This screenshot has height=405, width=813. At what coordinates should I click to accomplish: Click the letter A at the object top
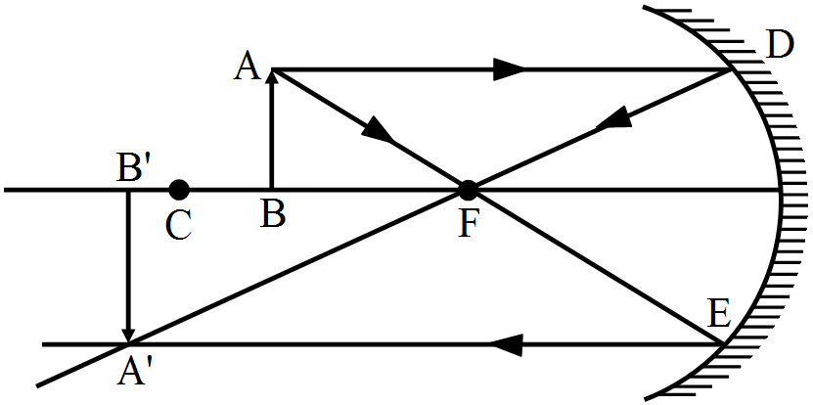pyautogui.click(x=246, y=67)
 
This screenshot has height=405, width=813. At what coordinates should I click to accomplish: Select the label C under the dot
pyautogui.click(x=177, y=224)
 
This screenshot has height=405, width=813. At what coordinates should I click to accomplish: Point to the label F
pyautogui.click(x=470, y=224)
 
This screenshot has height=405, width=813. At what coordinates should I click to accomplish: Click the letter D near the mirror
pyautogui.click(x=780, y=45)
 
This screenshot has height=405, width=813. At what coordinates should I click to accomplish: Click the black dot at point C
pyautogui.click(x=178, y=189)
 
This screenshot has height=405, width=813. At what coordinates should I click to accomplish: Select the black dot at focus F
pyautogui.click(x=469, y=189)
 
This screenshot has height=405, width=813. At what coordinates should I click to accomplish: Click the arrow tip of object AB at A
pyautogui.click(x=272, y=74)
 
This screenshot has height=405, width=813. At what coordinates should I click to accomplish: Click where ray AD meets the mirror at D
pyautogui.click(x=732, y=69)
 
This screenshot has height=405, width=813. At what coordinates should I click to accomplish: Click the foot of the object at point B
pyautogui.click(x=272, y=189)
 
